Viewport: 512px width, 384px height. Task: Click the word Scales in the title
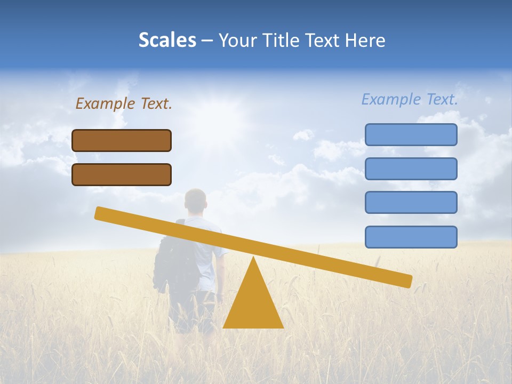(167, 41)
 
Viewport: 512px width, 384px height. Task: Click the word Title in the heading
(282, 41)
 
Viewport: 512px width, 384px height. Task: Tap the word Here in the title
(365, 41)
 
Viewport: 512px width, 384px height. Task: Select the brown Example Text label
(124, 103)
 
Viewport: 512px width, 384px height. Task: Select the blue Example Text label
(410, 99)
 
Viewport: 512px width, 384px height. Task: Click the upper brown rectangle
(122, 140)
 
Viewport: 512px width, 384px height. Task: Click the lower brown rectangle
(122, 174)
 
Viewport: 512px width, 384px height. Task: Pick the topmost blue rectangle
(411, 134)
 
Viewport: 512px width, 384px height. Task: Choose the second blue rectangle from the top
(411, 169)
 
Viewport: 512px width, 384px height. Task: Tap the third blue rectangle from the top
(411, 203)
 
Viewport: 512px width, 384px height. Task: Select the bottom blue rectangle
(411, 237)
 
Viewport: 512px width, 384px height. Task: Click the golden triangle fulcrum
(253, 304)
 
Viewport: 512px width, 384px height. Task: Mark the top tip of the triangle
(253, 258)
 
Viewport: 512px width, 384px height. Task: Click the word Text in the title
(325, 41)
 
